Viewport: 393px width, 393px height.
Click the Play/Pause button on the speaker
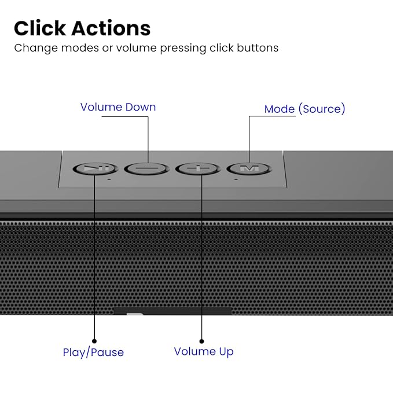pos(96,168)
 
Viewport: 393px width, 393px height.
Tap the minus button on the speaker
pos(146,168)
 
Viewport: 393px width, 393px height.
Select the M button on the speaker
pos(249,168)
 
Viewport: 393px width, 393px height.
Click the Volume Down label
pos(118,107)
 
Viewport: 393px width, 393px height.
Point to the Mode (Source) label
pos(304,109)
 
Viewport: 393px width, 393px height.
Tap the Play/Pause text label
pos(93,352)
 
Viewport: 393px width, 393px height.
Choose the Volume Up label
pos(204,351)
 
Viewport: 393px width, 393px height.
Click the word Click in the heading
pos(40,28)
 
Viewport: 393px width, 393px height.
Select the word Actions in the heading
pos(111,28)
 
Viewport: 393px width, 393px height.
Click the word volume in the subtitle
pos(136,47)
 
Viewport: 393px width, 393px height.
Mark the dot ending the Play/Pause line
pos(94,341)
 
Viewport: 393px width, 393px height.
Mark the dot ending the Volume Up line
pos(201,341)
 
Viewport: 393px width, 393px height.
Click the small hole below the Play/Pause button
pos(109,179)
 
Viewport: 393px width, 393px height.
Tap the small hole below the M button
pos(236,179)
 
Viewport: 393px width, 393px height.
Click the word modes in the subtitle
pos(80,47)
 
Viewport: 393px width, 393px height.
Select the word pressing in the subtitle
pos(183,48)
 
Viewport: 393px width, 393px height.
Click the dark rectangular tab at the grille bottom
pos(172,311)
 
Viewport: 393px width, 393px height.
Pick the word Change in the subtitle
pos(36,48)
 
